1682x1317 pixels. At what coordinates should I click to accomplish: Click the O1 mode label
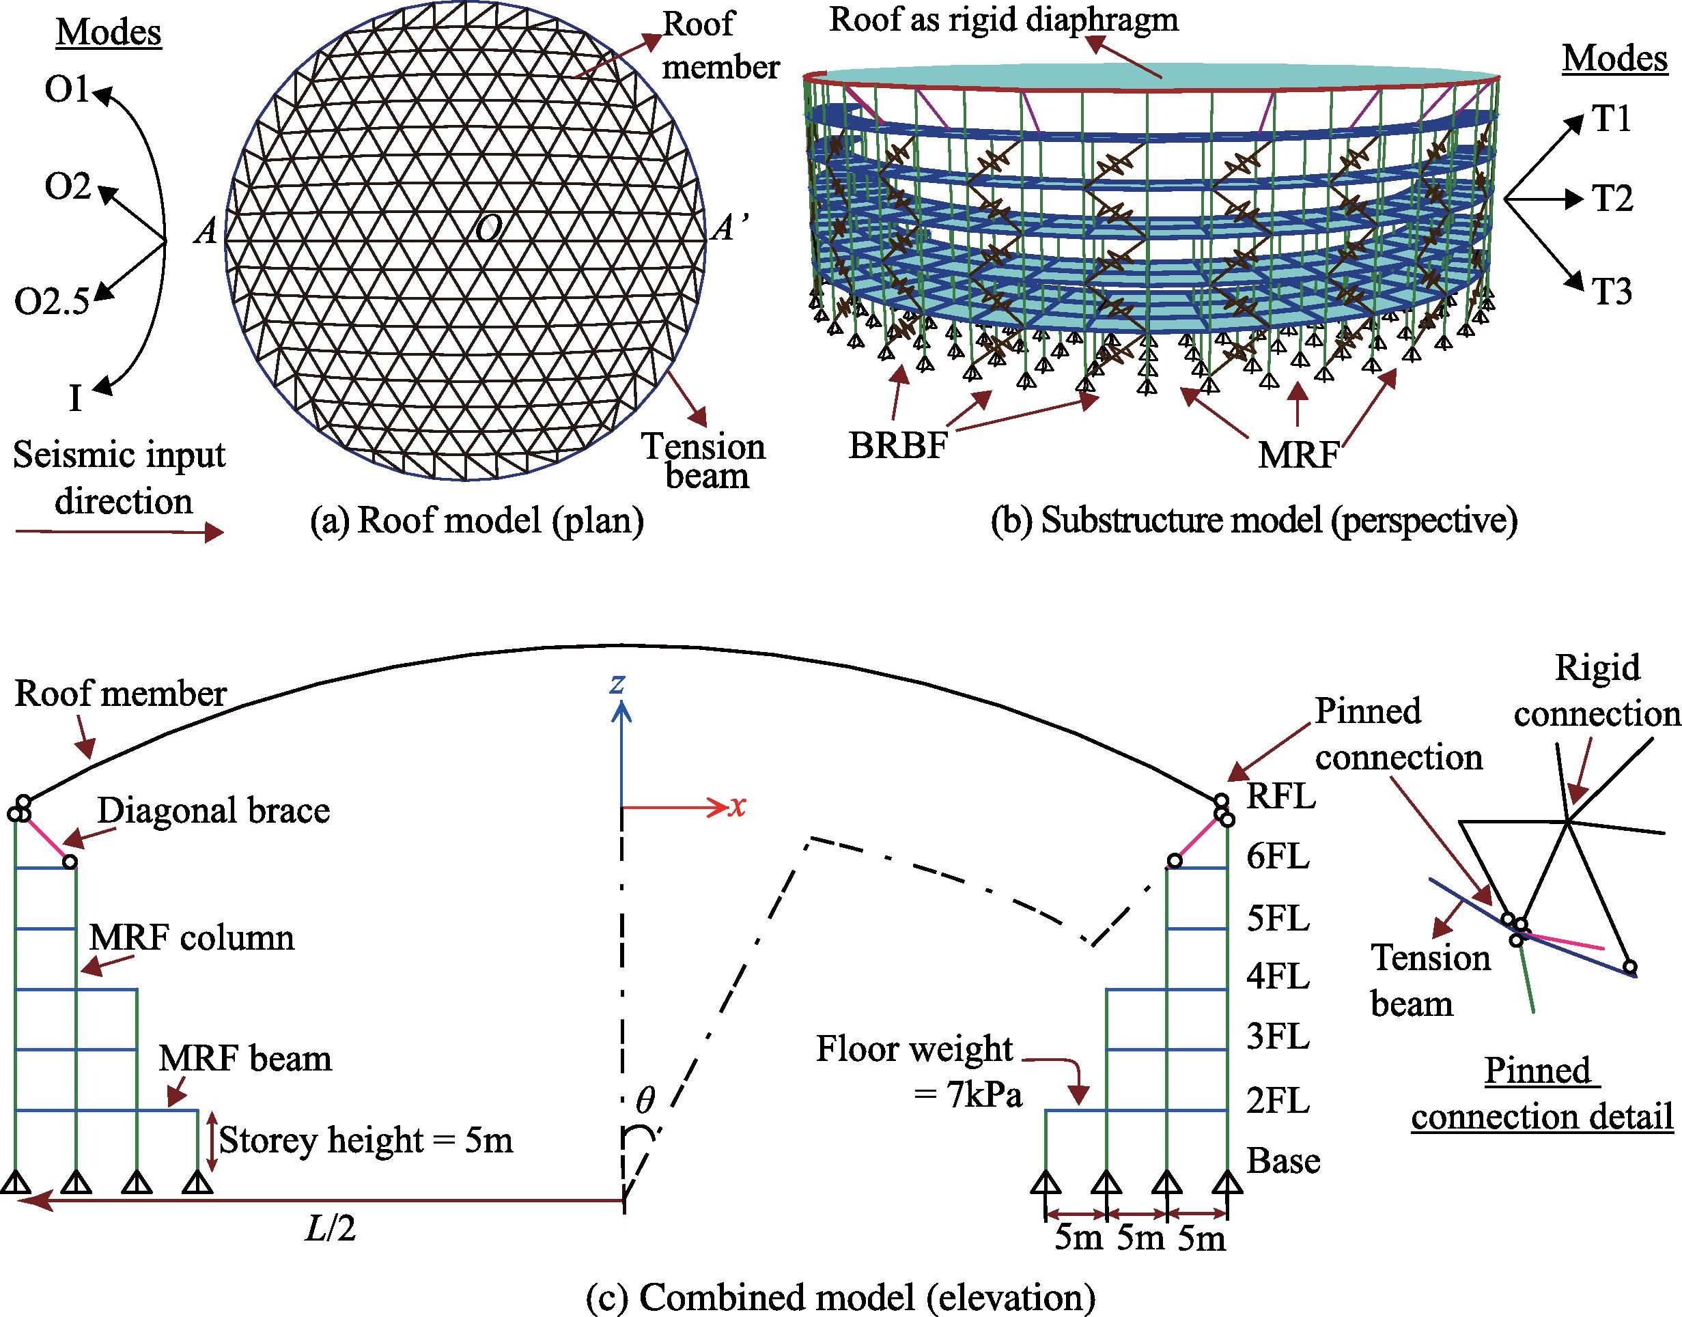pyautogui.click(x=68, y=90)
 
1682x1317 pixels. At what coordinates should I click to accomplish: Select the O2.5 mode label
pyautogui.click(x=53, y=302)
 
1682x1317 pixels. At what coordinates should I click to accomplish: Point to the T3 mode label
pyautogui.click(x=1612, y=292)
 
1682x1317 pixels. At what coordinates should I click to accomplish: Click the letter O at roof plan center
pyautogui.click(x=488, y=228)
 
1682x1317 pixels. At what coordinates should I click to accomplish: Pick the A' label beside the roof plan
pyautogui.click(x=728, y=228)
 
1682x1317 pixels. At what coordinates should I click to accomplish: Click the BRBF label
pyautogui.click(x=897, y=446)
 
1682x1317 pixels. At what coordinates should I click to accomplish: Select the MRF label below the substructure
pyautogui.click(x=1299, y=455)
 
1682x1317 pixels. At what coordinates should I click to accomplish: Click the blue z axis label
pyautogui.click(x=617, y=684)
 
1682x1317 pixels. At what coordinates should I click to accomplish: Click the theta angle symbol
pyautogui.click(x=644, y=1101)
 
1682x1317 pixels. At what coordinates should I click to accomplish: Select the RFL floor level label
pyautogui.click(x=1281, y=796)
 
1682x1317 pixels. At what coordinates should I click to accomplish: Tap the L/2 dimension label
pyautogui.click(x=331, y=1229)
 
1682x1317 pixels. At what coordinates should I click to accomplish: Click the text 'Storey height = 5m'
pyautogui.click(x=366, y=1139)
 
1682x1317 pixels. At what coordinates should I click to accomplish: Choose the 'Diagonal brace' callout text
pyautogui.click(x=214, y=810)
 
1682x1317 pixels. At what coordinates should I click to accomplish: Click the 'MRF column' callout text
pyautogui.click(x=192, y=937)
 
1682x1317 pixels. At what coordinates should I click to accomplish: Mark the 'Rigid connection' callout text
pyautogui.click(x=1597, y=691)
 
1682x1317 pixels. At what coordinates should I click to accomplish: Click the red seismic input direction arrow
pyautogui.click(x=120, y=532)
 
